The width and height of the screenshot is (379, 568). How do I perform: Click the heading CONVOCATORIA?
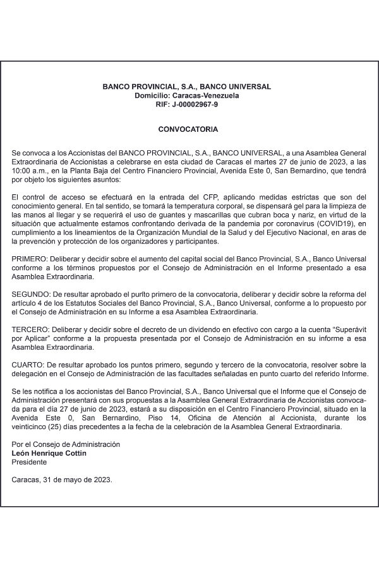pyautogui.click(x=188, y=129)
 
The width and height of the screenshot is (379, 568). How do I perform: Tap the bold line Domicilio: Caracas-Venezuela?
pyautogui.click(x=187, y=95)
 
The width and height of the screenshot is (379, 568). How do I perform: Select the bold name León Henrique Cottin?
pyautogui.click(x=49, y=453)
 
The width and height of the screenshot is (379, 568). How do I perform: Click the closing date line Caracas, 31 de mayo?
pyautogui.click(x=62, y=480)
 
